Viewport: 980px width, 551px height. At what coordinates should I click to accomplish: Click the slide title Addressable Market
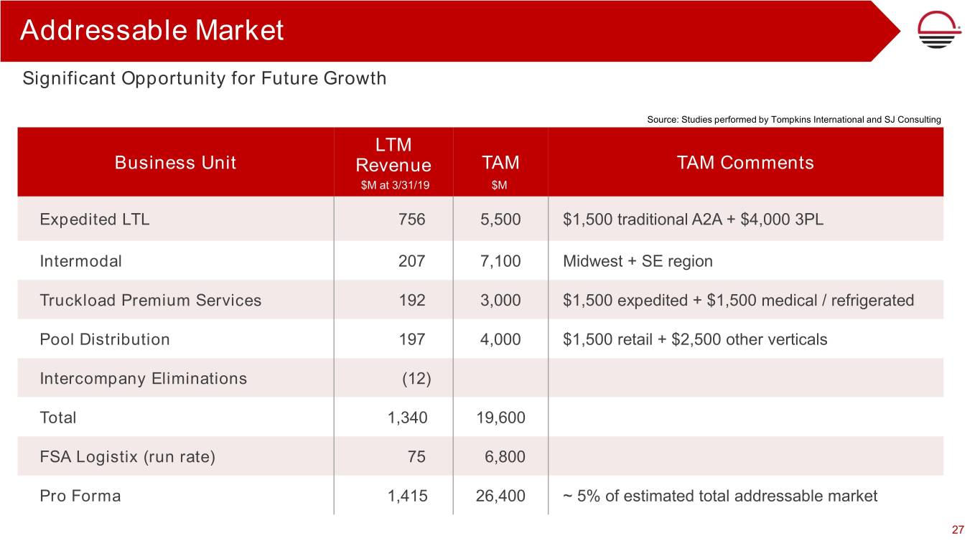tap(152, 31)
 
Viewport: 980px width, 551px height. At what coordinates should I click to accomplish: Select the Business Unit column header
tap(175, 163)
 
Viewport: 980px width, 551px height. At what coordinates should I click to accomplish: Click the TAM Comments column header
tap(745, 163)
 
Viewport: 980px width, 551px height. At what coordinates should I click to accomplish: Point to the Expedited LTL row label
tap(95, 220)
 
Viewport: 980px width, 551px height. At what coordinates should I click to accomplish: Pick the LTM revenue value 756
tap(411, 220)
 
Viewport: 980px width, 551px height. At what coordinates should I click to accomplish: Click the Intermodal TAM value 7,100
tap(500, 260)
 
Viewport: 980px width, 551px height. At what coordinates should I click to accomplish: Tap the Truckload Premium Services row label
tap(151, 300)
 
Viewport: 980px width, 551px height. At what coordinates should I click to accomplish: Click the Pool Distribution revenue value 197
tap(411, 339)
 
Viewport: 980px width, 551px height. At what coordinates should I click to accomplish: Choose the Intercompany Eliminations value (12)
tap(416, 379)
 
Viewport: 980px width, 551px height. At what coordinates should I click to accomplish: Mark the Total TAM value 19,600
tap(500, 418)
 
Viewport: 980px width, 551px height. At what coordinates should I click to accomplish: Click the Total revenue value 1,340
tap(407, 418)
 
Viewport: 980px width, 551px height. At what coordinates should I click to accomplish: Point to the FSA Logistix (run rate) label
tap(128, 456)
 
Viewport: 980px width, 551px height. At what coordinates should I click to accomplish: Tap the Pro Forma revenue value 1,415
tap(407, 496)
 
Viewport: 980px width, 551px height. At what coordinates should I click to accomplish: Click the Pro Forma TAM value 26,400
tap(500, 496)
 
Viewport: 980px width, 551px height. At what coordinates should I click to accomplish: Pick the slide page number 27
tap(957, 530)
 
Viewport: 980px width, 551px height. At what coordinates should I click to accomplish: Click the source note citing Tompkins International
tap(794, 120)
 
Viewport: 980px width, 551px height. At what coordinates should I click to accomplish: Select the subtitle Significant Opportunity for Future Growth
tap(205, 78)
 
